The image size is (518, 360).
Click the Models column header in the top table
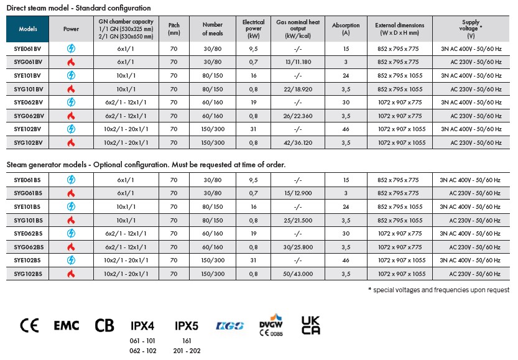point(28,29)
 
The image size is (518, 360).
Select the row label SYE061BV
point(28,48)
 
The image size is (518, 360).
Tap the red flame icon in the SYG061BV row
point(71,62)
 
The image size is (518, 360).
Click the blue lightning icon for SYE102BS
point(71,260)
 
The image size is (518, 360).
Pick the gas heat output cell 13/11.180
point(298,62)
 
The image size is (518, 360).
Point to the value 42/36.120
point(298,142)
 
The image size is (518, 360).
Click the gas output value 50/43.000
point(298,274)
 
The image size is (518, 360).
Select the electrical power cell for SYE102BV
point(253,129)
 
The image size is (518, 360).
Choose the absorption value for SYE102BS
point(346,260)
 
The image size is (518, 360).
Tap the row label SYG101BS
point(28,220)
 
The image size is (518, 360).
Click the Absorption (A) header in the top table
point(346,29)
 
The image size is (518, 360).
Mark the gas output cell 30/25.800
point(298,247)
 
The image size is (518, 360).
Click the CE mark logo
point(29,325)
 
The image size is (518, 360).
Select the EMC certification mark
point(66,325)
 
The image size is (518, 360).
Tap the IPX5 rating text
point(186,326)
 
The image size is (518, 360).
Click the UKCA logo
point(310,325)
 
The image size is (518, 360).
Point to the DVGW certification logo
point(271,325)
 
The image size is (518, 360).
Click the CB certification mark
point(104,325)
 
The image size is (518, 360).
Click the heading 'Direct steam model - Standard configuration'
point(78,8)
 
